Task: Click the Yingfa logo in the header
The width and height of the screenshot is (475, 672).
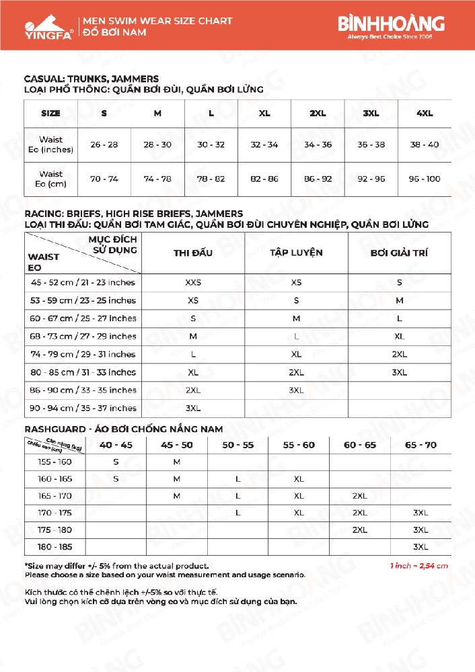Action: pos(40,26)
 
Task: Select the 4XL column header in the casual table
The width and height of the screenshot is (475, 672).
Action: pos(425,114)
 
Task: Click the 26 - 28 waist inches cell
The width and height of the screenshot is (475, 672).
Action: pos(104,144)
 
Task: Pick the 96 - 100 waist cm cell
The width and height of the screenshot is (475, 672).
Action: pos(425,179)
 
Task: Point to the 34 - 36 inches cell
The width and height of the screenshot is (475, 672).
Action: pos(318,144)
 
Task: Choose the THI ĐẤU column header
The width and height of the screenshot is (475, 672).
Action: pos(193,253)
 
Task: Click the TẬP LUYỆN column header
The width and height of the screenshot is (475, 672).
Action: pos(296,253)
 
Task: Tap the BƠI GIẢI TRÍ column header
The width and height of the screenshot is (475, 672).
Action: pos(399,253)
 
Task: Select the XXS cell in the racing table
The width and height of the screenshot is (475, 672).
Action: pos(193,283)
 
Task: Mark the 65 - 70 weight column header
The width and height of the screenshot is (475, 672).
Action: pos(421,445)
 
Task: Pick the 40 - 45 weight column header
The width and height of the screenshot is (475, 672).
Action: pos(116,445)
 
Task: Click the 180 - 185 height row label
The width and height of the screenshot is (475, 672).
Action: pos(55,547)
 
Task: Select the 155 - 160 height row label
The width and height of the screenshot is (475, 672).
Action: pos(55,462)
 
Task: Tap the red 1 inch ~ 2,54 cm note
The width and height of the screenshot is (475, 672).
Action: pos(419,566)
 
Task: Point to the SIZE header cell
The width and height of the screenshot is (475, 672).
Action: pos(50,114)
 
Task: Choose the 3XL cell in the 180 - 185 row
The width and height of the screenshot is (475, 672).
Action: pos(421,547)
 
